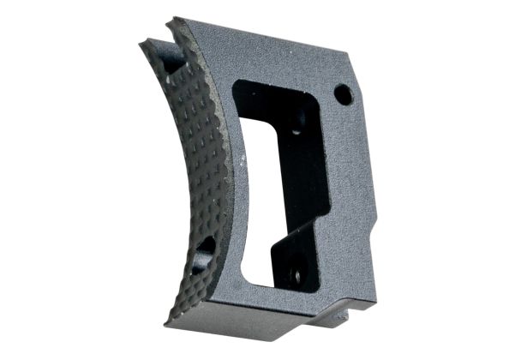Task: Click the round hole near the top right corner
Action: click(343, 94)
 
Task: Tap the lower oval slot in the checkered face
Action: click(206, 249)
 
